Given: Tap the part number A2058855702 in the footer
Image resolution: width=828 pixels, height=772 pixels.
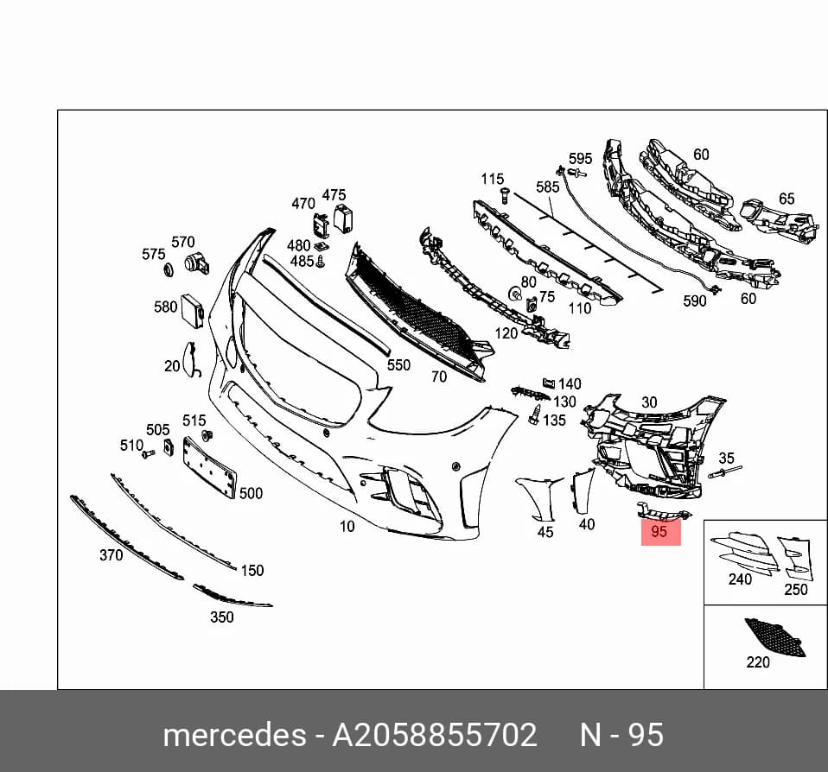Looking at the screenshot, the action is pyautogui.click(x=434, y=735).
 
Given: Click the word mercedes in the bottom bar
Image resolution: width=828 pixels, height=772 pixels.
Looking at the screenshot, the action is pyautogui.click(x=234, y=735).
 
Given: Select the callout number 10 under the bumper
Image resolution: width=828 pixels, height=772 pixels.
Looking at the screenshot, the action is pyautogui.click(x=347, y=526).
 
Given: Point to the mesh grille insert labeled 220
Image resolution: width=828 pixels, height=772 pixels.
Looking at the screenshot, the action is pyautogui.click(x=774, y=637).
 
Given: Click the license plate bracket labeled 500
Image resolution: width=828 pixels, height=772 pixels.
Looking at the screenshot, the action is pyautogui.click(x=209, y=467).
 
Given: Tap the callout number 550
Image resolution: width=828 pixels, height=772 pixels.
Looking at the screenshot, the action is pyautogui.click(x=398, y=365).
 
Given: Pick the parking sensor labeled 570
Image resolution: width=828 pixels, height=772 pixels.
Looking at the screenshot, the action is pyautogui.click(x=196, y=263).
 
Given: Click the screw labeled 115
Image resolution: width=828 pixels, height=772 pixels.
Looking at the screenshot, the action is pyautogui.click(x=503, y=196).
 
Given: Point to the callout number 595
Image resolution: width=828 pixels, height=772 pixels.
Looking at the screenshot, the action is pyautogui.click(x=580, y=158).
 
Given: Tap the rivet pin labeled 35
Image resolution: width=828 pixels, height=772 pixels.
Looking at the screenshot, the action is pyautogui.click(x=724, y=471).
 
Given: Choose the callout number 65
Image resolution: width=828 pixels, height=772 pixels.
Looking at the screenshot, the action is pyautogui.click(x=787, y=199).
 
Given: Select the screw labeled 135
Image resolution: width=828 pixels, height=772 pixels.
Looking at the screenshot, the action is pyautogui.click(x=536, y=414).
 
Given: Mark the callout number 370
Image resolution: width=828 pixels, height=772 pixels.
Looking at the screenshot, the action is pyautogui.click(x=111, y=555).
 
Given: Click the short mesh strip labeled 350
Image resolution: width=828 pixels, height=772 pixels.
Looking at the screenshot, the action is pyautogui.click(x=232, y=595).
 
